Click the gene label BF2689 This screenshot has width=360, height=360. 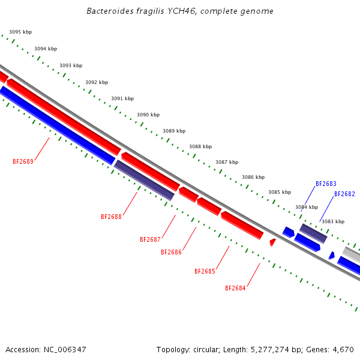pos(23,161)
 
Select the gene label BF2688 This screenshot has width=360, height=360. pos(111,217)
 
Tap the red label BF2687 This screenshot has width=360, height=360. pos(150,239)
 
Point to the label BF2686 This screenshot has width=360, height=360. pos(171,252)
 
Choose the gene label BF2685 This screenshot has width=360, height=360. pos(205,271)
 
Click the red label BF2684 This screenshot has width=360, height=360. pos(235,288)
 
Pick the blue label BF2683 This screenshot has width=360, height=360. pos(326,184)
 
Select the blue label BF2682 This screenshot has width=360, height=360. pos(344,194)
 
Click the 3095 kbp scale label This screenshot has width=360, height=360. pos(20,32)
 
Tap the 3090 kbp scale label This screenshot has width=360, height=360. pos(148,115)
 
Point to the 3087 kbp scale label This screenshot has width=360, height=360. pos(227,162)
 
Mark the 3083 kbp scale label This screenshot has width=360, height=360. pos(332,221)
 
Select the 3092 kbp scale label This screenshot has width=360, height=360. pos(97,82)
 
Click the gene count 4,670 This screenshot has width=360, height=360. pos(342,349)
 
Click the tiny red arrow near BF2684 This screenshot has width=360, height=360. pos(272,242)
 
